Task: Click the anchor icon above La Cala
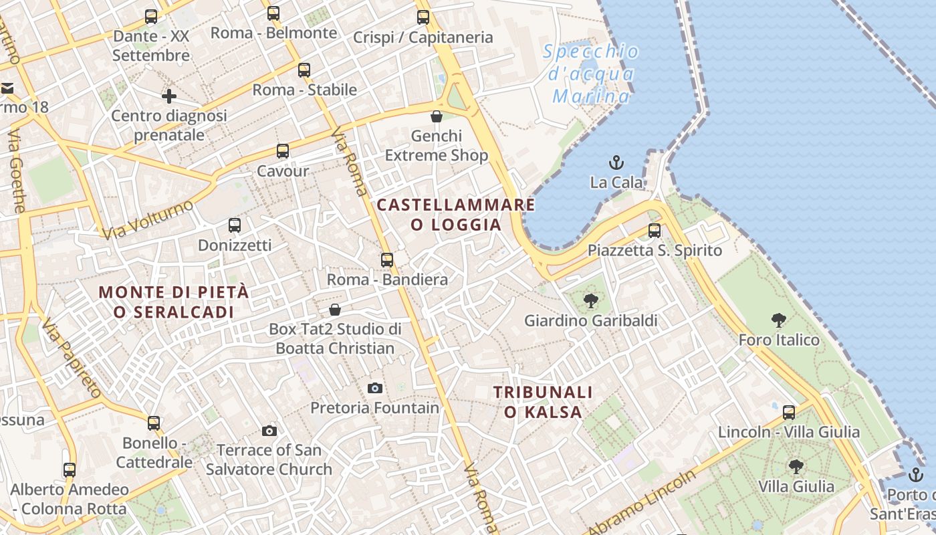coord(616,163)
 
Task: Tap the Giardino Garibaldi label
coord(590,321)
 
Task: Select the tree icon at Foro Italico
coord(778,320)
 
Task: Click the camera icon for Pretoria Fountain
coord(375,388)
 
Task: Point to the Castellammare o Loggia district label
coord(456,215)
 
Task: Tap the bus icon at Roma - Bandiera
coord(387,260)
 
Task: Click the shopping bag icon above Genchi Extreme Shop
coord(437,116)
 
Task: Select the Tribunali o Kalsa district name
coord(544,402)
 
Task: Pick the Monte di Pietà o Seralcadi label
coord(174,302)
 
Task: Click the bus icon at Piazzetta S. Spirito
coord(655,231)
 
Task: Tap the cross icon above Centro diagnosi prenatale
coord(169,96)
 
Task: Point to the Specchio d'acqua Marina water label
coord(590,74)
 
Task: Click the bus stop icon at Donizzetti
coord(235,225)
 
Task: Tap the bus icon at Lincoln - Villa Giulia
coord(789,413)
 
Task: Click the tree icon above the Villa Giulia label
coord(796,466)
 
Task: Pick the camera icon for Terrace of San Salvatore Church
coord(269,431)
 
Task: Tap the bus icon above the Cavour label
coord(283,151)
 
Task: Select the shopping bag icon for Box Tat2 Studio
coord(335,310)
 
